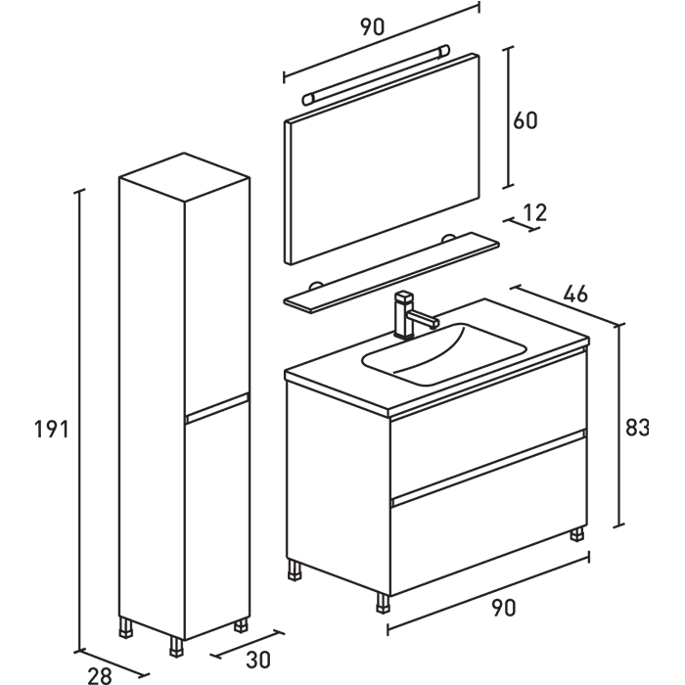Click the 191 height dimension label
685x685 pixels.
pos(52,429)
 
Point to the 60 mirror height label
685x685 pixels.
pos(525,120)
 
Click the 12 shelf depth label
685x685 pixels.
pos(535,211)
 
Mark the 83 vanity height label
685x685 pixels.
pos(637,428)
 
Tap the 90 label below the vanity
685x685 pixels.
pos(502,608)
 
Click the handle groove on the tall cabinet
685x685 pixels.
pos(216,408)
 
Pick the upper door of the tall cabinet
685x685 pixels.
pos(215,294)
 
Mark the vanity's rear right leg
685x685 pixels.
pos(577,534)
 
